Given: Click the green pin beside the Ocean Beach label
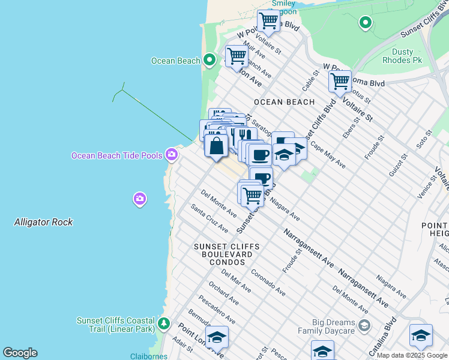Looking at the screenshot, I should [209, 60].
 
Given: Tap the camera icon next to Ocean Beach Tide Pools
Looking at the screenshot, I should [172, 155].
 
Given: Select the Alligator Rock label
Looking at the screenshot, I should [43, 222].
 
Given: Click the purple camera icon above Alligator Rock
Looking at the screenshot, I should [140, 199].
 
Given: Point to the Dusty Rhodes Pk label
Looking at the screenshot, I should [403, 56].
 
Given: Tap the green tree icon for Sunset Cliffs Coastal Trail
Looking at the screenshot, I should [163, 325].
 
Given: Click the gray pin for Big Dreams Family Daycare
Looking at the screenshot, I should [364, 326].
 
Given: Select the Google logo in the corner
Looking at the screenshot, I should [20, 353].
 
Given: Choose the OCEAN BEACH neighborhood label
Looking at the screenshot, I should [285, 102].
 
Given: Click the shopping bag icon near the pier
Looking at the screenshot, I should [215, 145].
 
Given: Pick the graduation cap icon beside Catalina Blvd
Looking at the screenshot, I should [421, 335].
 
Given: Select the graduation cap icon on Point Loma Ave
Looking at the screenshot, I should [217, 337].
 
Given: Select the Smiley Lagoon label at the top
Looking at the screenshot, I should [283, 6].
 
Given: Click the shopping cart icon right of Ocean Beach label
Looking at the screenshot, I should [237, 56].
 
